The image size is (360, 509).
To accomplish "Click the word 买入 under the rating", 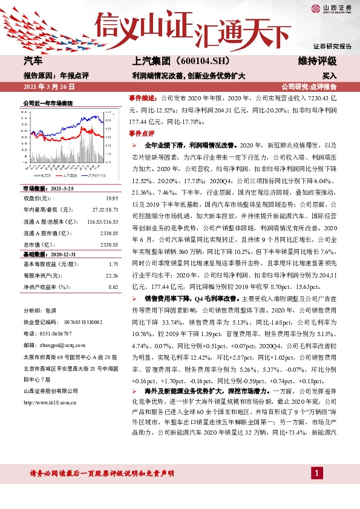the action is pyautogui.click(x=330, y=76).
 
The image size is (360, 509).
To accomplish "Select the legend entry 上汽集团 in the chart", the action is pyautogui.click(x=71, y=175).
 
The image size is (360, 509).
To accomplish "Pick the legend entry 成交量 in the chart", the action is pyautogui.click(x=43, y=175).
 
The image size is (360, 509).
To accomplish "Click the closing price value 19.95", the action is pyautogui.click(x=111, y=198).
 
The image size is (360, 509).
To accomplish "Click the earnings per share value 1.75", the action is pyautogui.click(x=113, y=264).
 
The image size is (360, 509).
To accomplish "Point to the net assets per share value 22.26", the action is pyautogui.click(x=111, y=276).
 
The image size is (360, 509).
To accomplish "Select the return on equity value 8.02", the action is pyautogui.click(x=113, y=287).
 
